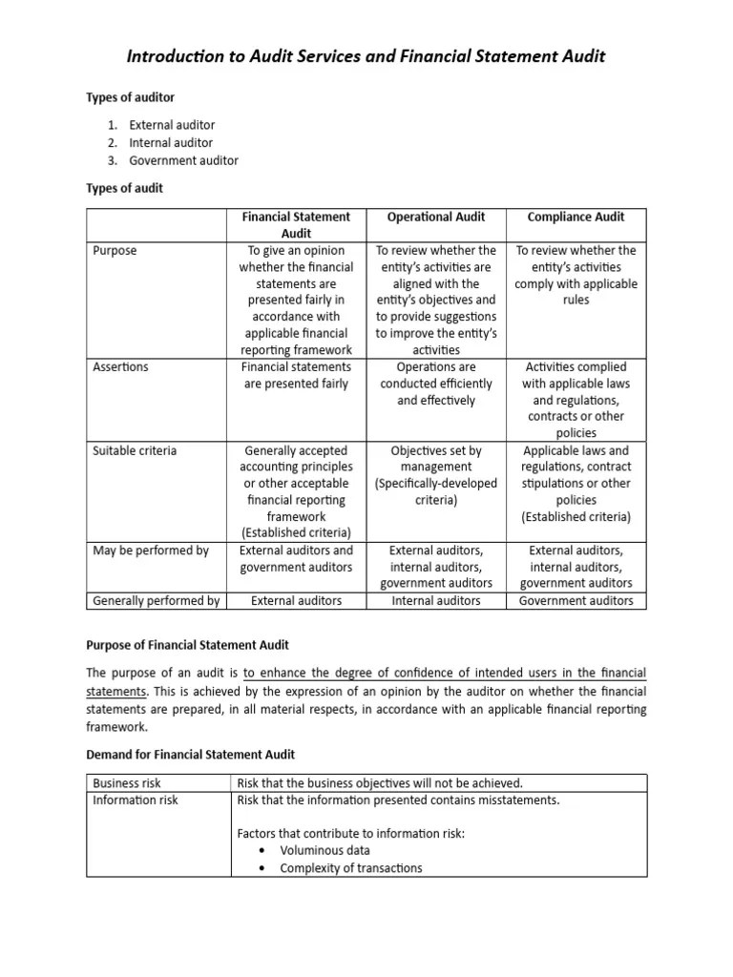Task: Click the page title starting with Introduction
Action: click(x=366, y=57)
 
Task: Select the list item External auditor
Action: click(x=172, y=125)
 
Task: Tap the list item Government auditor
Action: click(x=183, y=160)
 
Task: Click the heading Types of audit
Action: click(x=125, y=188)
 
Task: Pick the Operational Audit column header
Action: click(x=436, y=218)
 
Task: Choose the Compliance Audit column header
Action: click(x=576, y=218)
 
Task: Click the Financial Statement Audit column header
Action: click(x=296, y=225)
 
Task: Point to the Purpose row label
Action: click(x=115, y=251)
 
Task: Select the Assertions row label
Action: click(x=120, y=367)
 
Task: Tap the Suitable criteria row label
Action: click(x=135, y=450)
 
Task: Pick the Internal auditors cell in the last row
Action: click(x=436, y=601)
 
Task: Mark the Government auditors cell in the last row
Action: click(x=576, y=601)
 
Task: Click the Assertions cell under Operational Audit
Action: click(x=436, y=384)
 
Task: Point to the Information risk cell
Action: click(x=136, y=800)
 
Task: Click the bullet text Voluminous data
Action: click(x=325, y=850)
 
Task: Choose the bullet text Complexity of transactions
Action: click(x=350, y=868)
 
